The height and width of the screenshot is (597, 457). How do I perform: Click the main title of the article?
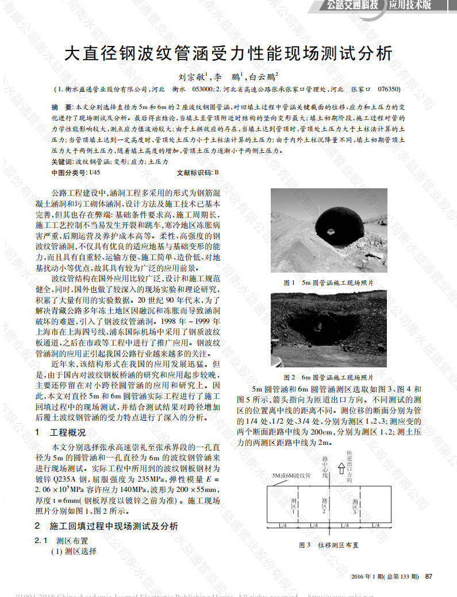[x=228, y=53]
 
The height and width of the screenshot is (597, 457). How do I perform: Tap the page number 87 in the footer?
[x=429, y=576]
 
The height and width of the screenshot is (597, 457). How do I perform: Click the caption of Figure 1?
[x=329, y=282]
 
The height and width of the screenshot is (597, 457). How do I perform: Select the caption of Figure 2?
[x=329, y=377]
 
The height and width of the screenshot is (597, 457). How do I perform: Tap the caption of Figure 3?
[x=328, y=545]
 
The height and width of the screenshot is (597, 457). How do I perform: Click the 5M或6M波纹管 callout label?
[x=290, y=476]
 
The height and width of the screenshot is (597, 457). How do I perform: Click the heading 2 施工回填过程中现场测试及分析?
[x=106, y=526]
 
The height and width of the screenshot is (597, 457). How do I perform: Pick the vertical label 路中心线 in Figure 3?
[x=325, y=467]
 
